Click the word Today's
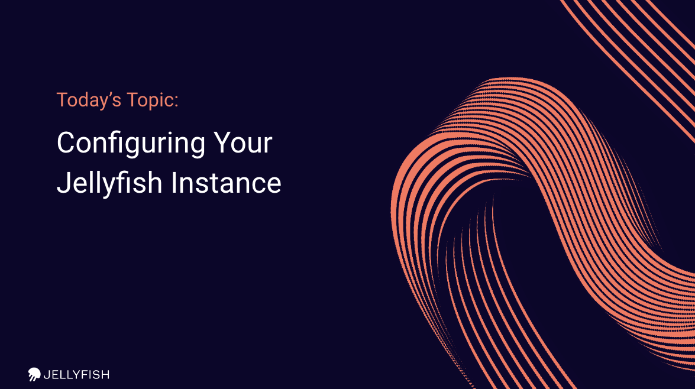pos(89,101)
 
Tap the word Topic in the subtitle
pos(151,101)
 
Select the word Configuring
pos(131,144)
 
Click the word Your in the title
pos(243,142)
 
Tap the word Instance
pos(226,183)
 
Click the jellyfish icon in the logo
pos(34,374)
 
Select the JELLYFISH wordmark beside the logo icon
pos(76,375)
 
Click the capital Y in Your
pos(222,142)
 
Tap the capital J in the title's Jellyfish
pos(63,183)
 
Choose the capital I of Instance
pos(174,183)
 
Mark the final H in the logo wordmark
pos(105,375)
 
